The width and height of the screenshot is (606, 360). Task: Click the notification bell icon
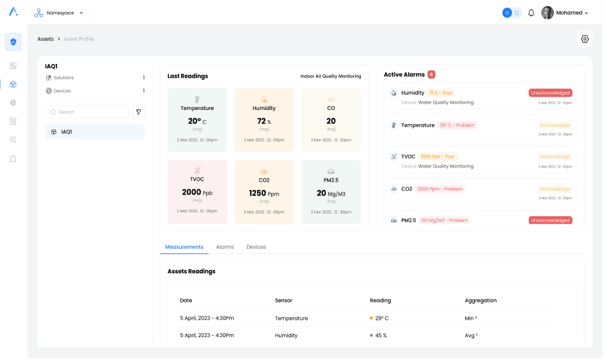(531, 13)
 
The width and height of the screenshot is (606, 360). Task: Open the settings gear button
(584, 39)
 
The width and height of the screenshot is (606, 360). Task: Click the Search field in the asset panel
(87, 112)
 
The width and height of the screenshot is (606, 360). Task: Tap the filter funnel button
(138, 112)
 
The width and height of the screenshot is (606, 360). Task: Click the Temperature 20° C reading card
(197, 120)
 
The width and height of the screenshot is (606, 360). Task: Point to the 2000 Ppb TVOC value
(197, 192)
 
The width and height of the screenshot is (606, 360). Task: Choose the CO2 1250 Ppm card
(264, 192)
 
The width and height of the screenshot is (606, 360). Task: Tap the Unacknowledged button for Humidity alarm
(550, 93)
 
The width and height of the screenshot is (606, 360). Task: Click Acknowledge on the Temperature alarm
(554, 125)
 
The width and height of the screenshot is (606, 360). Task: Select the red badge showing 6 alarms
(431, 75)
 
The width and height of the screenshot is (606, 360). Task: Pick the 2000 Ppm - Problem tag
(440, 189)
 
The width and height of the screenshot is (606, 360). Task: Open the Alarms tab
(225, 247)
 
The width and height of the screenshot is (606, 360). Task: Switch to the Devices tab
(256, 247)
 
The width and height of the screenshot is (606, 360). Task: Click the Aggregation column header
(481, 301)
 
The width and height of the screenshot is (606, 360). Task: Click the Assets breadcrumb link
(45, 39)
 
